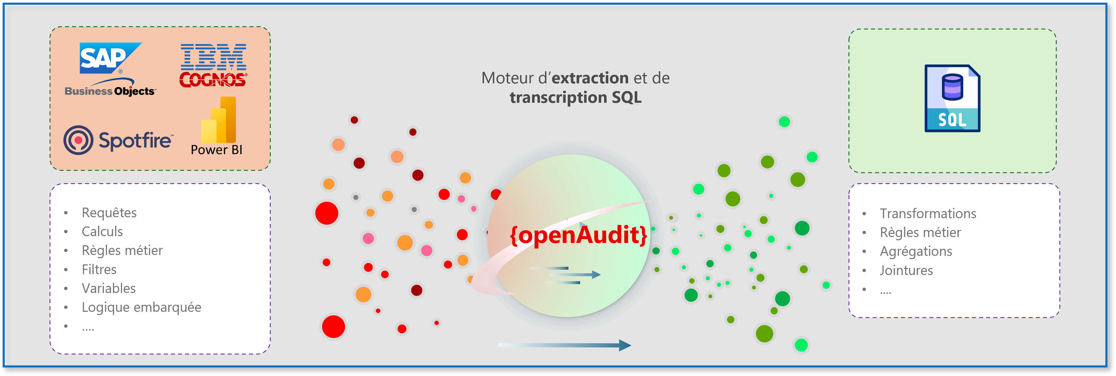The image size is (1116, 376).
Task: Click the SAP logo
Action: [x=110, y=57]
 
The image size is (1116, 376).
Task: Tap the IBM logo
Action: [x=213, y=57]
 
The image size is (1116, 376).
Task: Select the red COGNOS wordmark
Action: [x=213, y=79]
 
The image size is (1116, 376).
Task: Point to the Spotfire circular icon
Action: [x=78, y=140]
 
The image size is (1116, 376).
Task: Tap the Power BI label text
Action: [x=216, y=150]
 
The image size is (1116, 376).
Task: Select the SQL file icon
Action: [x=952, y=98]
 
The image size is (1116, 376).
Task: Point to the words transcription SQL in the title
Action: [x=575, y=97]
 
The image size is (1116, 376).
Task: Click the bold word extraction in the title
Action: [x=590, y=78]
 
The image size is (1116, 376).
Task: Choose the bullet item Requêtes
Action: [x=109, y=213]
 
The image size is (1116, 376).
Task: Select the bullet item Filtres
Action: [x=99, y=270]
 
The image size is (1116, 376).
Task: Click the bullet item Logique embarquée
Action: [x=142, y=307]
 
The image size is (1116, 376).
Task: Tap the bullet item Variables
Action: [x=109, y=288]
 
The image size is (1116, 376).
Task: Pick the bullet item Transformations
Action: [x=928, y=213]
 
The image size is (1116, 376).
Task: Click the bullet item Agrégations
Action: [x=916, y=251]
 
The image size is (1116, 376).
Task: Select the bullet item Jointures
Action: [x=906, y=270]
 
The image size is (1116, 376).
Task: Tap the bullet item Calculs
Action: [x=102, y=231]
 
